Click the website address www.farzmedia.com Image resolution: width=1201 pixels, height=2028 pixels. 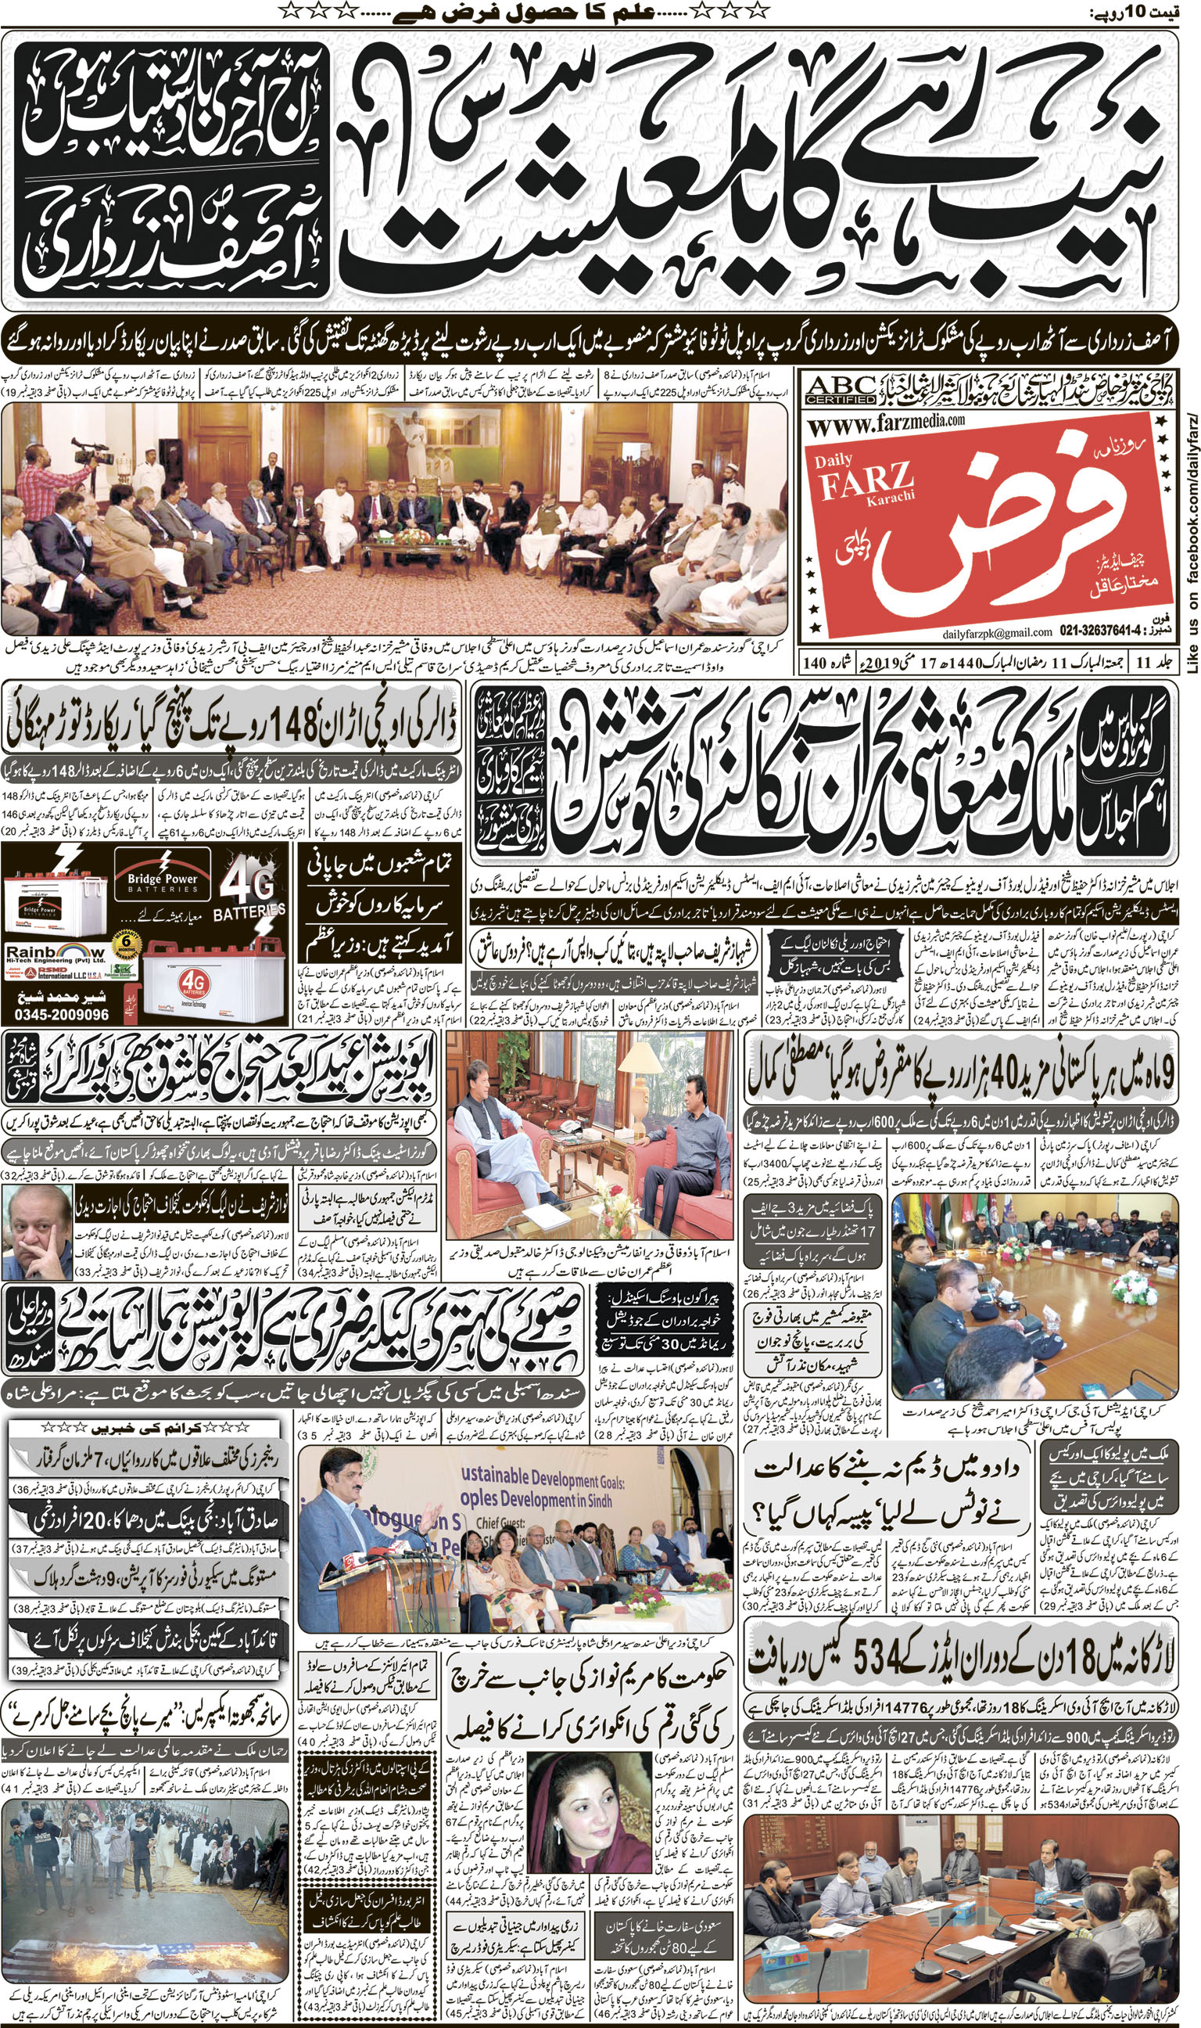click(887, 422)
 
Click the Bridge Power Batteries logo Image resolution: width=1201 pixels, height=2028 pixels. click(162, 882)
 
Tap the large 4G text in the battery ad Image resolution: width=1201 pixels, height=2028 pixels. click(247, 885)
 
